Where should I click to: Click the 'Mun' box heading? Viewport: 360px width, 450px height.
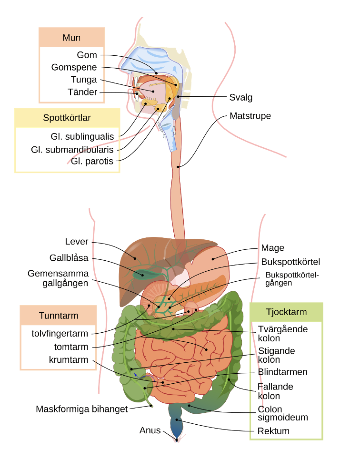coord(71,38)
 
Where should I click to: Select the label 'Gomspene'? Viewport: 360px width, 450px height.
coord(74,67)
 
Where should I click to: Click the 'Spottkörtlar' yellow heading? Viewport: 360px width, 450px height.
coord(67,118)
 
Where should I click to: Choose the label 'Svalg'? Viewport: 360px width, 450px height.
coord(240,98)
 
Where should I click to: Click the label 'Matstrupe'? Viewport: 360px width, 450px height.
coord(250,116)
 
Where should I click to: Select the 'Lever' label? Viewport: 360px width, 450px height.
coord(77,242)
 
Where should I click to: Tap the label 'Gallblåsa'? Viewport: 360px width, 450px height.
coord(69,258)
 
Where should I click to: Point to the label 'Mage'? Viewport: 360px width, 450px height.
coord(272,248)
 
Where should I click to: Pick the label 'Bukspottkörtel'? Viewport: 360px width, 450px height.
coord(290,262)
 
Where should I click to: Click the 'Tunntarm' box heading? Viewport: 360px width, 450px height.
coord(59,316)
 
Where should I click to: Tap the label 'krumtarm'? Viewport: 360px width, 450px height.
coord(69,359)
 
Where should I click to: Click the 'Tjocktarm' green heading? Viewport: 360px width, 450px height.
coord(286,312)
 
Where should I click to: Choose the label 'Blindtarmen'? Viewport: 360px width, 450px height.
coord(282,372)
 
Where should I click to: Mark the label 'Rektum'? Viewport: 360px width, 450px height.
coord(273,431)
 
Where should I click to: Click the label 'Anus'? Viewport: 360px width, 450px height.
coord(150,430)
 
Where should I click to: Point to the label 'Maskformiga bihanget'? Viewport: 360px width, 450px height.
coord(81,409)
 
